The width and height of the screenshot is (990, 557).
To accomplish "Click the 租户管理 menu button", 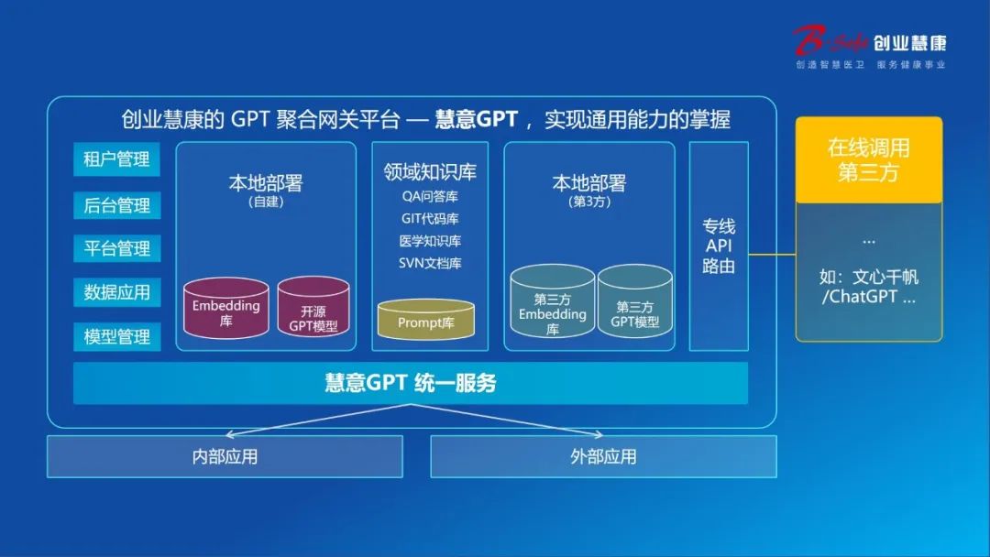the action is click(x=116, y=159).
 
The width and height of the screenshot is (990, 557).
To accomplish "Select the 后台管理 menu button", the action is click(x=116, y=205).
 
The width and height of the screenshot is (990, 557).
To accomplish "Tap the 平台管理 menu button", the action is click(x=116, y=248).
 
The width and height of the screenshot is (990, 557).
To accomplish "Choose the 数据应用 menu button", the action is click(x=116, y=292).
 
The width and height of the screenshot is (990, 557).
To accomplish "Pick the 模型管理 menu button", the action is click(x=116, y=336).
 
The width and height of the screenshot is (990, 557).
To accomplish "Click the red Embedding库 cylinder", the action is click(x=226, y=309).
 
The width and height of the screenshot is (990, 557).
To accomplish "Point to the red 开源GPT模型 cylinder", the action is click(x=313, y=307).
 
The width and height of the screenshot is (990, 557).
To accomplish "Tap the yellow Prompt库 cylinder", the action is click(x=425, y=319).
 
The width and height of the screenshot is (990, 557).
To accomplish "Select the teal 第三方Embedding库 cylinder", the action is click(x=553, y=300).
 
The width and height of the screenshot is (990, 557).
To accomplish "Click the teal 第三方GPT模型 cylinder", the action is click(x=634, y=300).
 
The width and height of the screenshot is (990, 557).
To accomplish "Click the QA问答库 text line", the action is click(x=430, y=197).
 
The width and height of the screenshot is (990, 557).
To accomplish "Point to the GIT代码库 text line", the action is click(x=430, y=219).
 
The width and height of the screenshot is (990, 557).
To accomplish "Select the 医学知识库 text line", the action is click(x=430, y=241).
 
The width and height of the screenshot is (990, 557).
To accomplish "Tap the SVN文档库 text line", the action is click(x=430, y=263).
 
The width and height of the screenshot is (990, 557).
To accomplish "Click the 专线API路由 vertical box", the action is click(x=719, y=246).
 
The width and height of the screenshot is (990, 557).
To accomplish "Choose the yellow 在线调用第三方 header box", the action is click(x=869, y=159).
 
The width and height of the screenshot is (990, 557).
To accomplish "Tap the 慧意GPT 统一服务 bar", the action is click(x=411, y=383).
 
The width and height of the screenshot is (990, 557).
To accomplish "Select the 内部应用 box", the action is click(x=225, y=457).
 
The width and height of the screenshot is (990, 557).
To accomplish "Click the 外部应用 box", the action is click(x=603, y=457).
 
